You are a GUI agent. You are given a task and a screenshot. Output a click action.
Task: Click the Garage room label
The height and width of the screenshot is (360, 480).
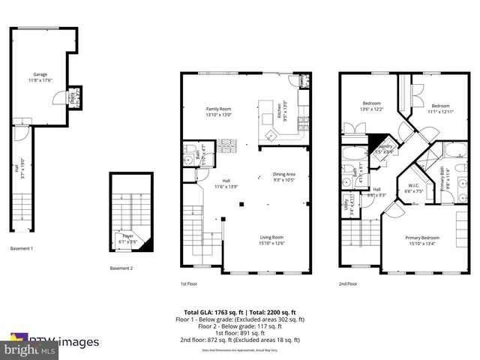tap(40, 75)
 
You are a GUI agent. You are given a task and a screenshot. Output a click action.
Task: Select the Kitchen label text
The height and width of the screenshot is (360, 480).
tap(278, 112)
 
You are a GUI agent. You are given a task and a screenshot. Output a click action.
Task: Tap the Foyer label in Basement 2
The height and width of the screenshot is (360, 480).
tap(128, 238)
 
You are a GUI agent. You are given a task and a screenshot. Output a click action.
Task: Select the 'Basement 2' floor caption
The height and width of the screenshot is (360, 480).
tap(121, 268)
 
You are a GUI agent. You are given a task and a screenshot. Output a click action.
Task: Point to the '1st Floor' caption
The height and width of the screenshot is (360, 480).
tap(188, 284)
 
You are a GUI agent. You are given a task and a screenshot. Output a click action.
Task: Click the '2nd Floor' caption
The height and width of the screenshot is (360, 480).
tap(347, 284)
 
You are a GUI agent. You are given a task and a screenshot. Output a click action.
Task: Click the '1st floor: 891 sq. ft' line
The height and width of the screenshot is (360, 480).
tap(240, 333)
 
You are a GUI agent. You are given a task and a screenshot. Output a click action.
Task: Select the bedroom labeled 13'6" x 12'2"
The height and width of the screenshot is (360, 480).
tap(373, 106)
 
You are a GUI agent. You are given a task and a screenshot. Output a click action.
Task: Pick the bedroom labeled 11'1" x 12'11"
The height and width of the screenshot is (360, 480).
tap(439, 108)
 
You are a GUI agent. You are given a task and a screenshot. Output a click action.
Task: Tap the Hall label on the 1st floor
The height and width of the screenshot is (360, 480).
tap(226, 183)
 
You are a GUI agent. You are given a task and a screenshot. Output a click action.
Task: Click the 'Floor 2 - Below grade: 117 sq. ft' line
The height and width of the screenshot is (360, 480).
tap(240, 326)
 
